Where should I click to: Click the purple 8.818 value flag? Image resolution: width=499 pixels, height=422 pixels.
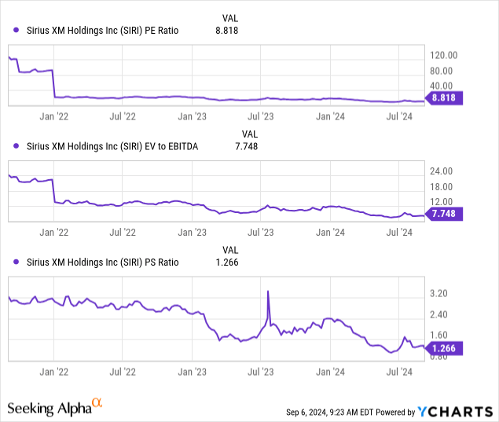click(x=446, y=98)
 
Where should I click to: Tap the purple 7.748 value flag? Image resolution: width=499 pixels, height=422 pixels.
click(x=446, y=213)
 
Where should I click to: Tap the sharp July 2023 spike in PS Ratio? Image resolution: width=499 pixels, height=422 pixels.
click(x=269, y=292)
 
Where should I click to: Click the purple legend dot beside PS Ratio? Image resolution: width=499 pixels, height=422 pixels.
click(x=17, y=262)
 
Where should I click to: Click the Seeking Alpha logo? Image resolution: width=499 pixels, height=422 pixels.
click(x=55, y=407)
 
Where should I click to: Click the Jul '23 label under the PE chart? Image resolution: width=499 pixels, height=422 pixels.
click(x=261, y=117)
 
